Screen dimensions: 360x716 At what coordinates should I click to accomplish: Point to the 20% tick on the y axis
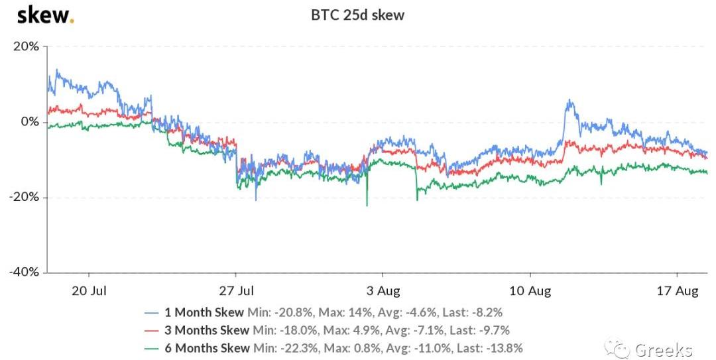[x=26, y=46]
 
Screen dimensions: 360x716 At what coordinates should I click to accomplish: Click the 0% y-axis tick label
[x=30, y=122]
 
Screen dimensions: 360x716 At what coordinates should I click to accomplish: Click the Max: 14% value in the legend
[x=345, y=312]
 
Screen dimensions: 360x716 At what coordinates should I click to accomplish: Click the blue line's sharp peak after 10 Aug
[x=569, y=101]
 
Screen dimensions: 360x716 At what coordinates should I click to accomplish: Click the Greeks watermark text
[x=663, y=349]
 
